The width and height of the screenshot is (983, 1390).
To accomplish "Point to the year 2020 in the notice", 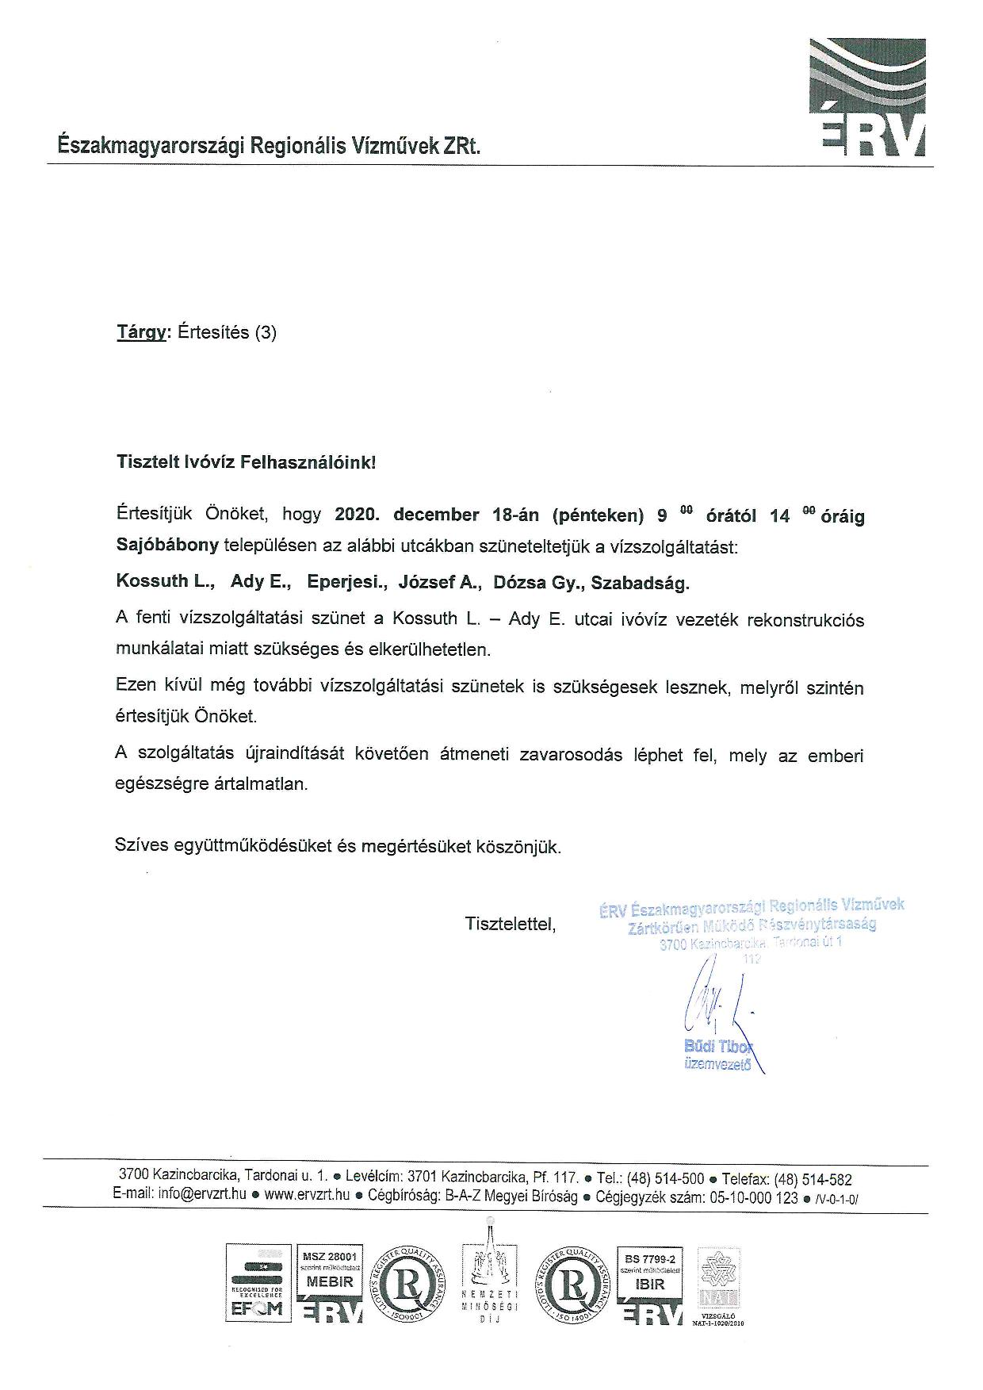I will pyautogui.click(x=358, y=515).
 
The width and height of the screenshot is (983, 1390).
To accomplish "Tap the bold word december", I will pyautogui.click(x=436, y=515).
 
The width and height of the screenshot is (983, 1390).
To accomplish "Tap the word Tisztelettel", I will pyautogui.click(x=511, y=924).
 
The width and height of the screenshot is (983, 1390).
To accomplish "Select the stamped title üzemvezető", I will pyautogui.click(x=717, y=1065).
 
